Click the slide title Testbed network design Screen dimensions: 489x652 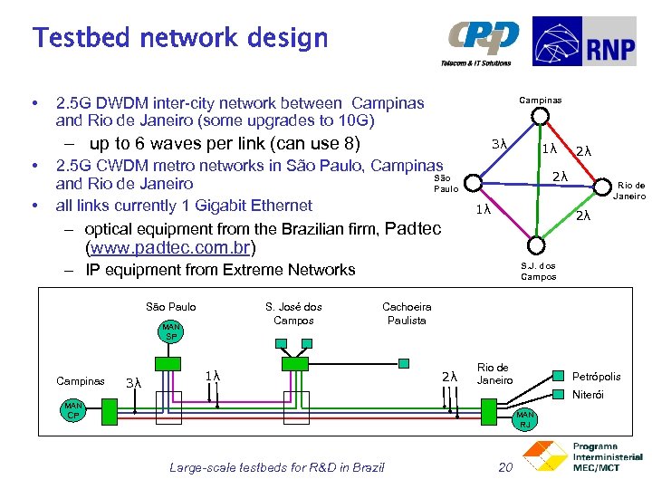point(180,38)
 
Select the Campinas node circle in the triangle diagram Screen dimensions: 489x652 point(539,115)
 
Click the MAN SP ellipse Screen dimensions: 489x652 point(170,331)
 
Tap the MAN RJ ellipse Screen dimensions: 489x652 point(524,418)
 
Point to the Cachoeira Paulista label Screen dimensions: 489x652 point(407,313)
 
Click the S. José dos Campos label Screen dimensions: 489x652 point(293,313)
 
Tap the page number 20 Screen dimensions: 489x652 point(506,467)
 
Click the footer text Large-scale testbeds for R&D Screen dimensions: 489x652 point(276,467)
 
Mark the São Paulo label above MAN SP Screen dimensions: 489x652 point(170,307)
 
